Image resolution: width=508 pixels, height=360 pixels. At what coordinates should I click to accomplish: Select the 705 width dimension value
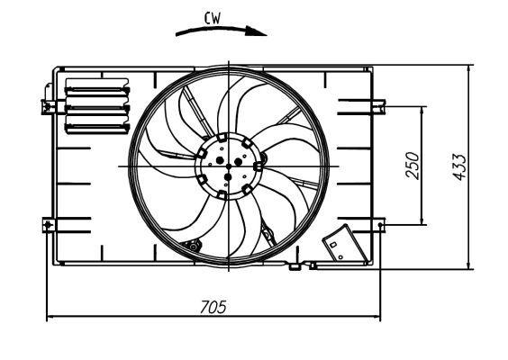[x=213, y=307]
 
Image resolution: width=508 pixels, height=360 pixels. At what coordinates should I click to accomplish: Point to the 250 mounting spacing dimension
[x=413, y=165]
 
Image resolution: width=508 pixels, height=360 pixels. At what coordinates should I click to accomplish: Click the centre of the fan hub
[x=230, y=166]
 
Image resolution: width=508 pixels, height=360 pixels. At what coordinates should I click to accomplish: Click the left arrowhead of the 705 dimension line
[x=49, y=317]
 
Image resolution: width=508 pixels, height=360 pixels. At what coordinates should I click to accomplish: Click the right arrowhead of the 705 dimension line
[x=376, y=317]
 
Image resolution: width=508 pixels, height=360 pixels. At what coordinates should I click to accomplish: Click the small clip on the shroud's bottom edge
[x=295, y=265]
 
